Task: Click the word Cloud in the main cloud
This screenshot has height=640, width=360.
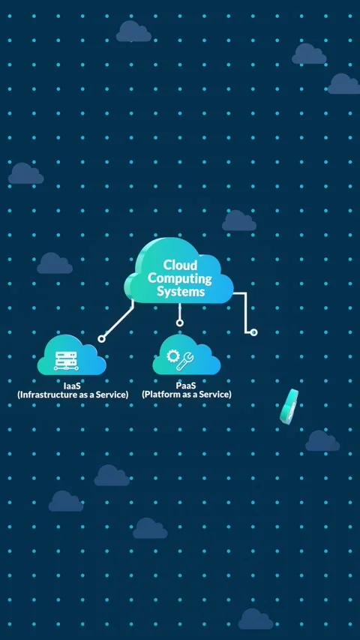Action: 180,266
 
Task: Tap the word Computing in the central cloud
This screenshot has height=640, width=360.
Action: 180,278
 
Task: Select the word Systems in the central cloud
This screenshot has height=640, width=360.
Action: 180,291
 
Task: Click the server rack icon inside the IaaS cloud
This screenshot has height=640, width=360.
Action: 67,361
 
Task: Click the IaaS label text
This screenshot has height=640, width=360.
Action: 73,386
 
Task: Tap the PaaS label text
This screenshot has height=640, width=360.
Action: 186,386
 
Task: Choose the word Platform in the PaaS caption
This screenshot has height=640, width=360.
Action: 165,395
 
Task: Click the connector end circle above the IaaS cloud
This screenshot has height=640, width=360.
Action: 101,339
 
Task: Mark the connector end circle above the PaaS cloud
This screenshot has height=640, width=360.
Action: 179,323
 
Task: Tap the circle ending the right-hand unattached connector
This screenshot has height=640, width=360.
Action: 253,332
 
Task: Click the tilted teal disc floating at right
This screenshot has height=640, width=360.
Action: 289,405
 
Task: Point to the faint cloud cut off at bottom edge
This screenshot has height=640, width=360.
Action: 256,620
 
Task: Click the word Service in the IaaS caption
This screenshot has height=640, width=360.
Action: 110,395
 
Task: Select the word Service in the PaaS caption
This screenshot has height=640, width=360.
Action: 214,395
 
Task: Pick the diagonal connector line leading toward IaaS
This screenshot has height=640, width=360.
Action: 118,320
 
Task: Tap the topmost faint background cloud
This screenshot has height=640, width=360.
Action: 133,32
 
